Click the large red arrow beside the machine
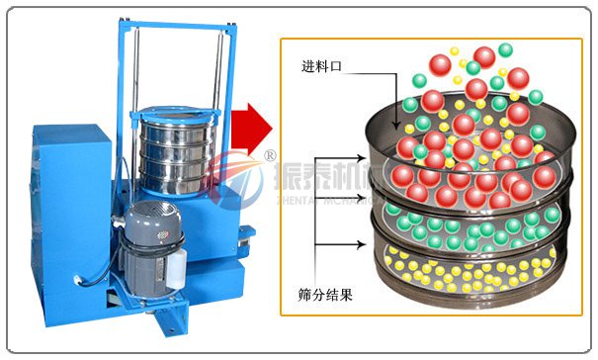click(x=250, y=126)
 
